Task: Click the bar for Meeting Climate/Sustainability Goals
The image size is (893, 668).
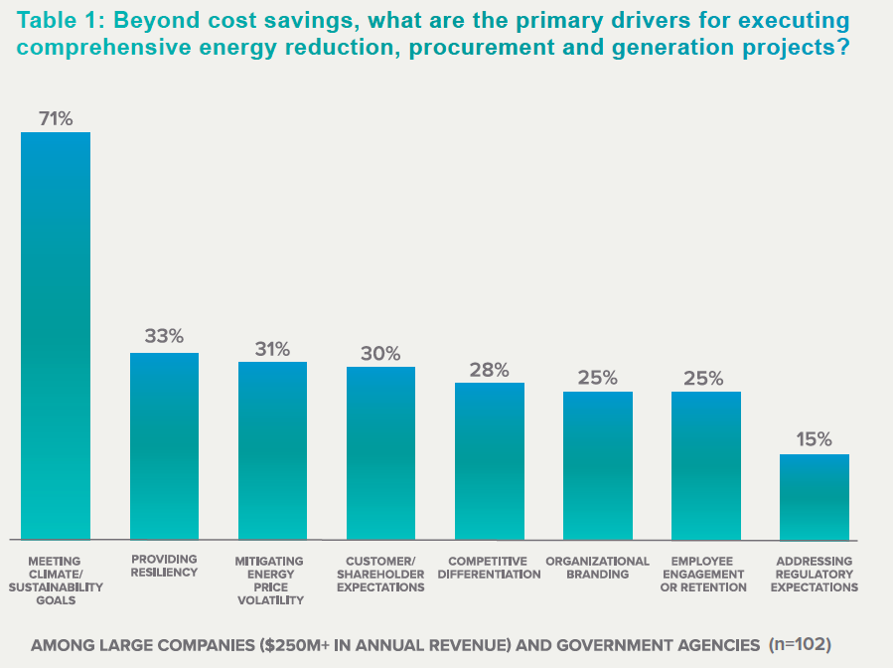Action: click(x=56, y=336)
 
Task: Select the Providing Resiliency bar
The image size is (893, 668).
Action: click(x=164, y=446)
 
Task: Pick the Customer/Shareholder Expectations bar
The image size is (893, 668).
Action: click(x=380, y=453)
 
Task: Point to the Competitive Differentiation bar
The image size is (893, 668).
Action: click(x=489, y=461)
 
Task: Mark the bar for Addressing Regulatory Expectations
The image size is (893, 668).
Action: click(x=814, y=497)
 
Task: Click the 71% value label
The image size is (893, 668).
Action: click(x=56, y=118)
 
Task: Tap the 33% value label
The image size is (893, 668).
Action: click(x=164, y=336)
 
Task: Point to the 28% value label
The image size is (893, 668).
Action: click(x=489, y=370)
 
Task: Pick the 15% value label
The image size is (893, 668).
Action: click(x=814, y=439)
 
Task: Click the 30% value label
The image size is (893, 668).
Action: click(x=380, y=353)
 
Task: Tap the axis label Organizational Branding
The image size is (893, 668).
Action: click(x=597, y=568)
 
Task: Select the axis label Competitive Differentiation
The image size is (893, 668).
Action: click(x=489, y=568)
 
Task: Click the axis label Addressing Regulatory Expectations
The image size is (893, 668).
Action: click(x=814, y=575)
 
